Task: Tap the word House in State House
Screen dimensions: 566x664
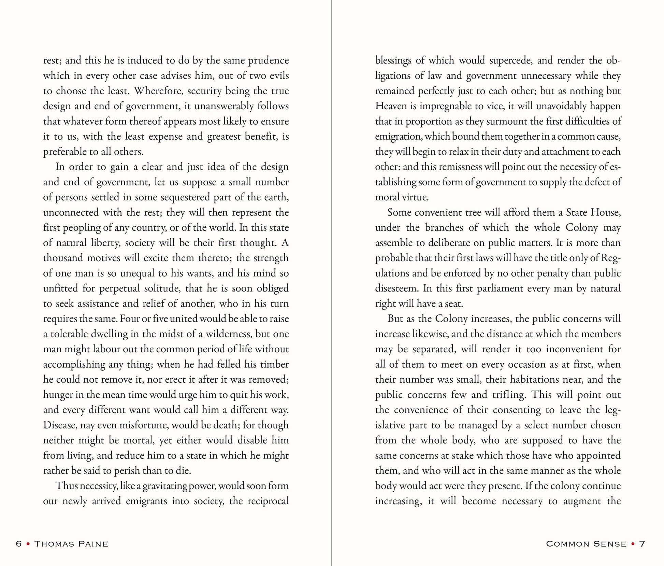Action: coord(605,213)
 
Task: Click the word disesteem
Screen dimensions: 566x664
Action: coord(396,289)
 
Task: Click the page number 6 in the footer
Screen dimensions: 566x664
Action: coord(19,544)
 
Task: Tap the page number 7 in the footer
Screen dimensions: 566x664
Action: coord(642,544)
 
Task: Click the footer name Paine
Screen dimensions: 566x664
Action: coord(93,544)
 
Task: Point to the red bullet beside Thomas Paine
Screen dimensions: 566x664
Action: coord(28,544)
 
